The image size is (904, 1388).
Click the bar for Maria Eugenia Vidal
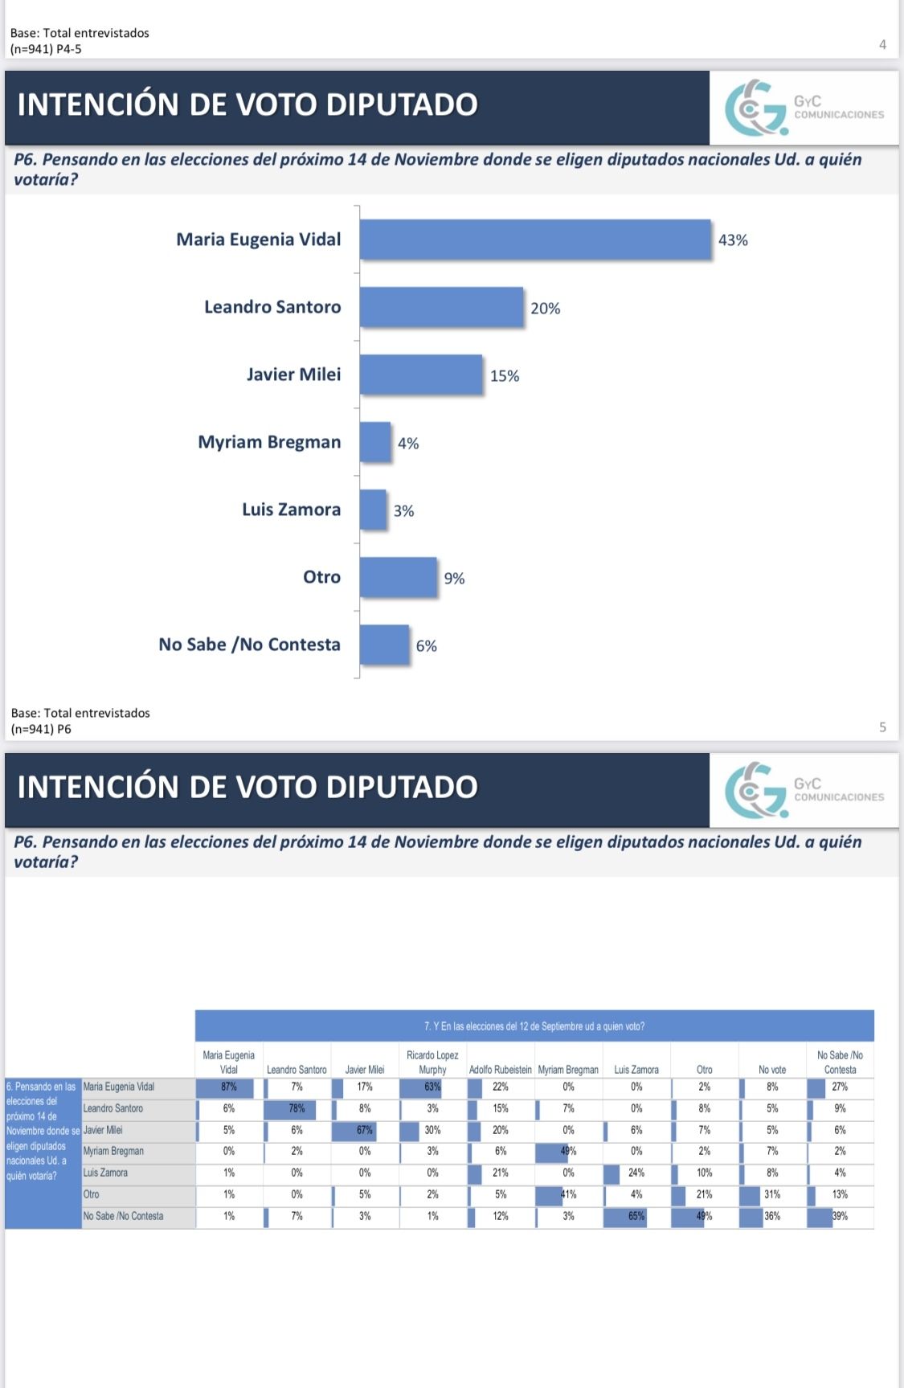click(535, 240)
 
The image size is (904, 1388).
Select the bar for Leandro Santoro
click(441, 307)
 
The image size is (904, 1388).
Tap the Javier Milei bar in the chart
click(421, 375)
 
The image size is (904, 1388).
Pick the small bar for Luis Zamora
click(373, 510)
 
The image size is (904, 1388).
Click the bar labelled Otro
click(398, 577)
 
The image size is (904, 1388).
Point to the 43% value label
click(733, 240)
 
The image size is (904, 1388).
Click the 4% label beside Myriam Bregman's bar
click(408, 443)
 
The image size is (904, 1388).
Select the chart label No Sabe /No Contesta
click(249, 645)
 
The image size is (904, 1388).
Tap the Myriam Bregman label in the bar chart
click(269, 442)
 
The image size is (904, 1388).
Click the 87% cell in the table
click(228, 1087)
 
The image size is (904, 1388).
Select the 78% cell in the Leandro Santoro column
click(297, 1109)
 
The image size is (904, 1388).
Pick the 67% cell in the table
click(365, 1130)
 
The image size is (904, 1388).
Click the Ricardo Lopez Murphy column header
click(432, 1062)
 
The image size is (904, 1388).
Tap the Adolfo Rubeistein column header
click(500, 1070)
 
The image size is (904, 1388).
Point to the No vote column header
click(771, 1070)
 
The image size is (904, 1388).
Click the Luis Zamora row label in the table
click(105, 1173)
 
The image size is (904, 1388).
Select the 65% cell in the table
click(636, 1216)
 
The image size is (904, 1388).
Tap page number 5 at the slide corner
click(882, 727)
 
